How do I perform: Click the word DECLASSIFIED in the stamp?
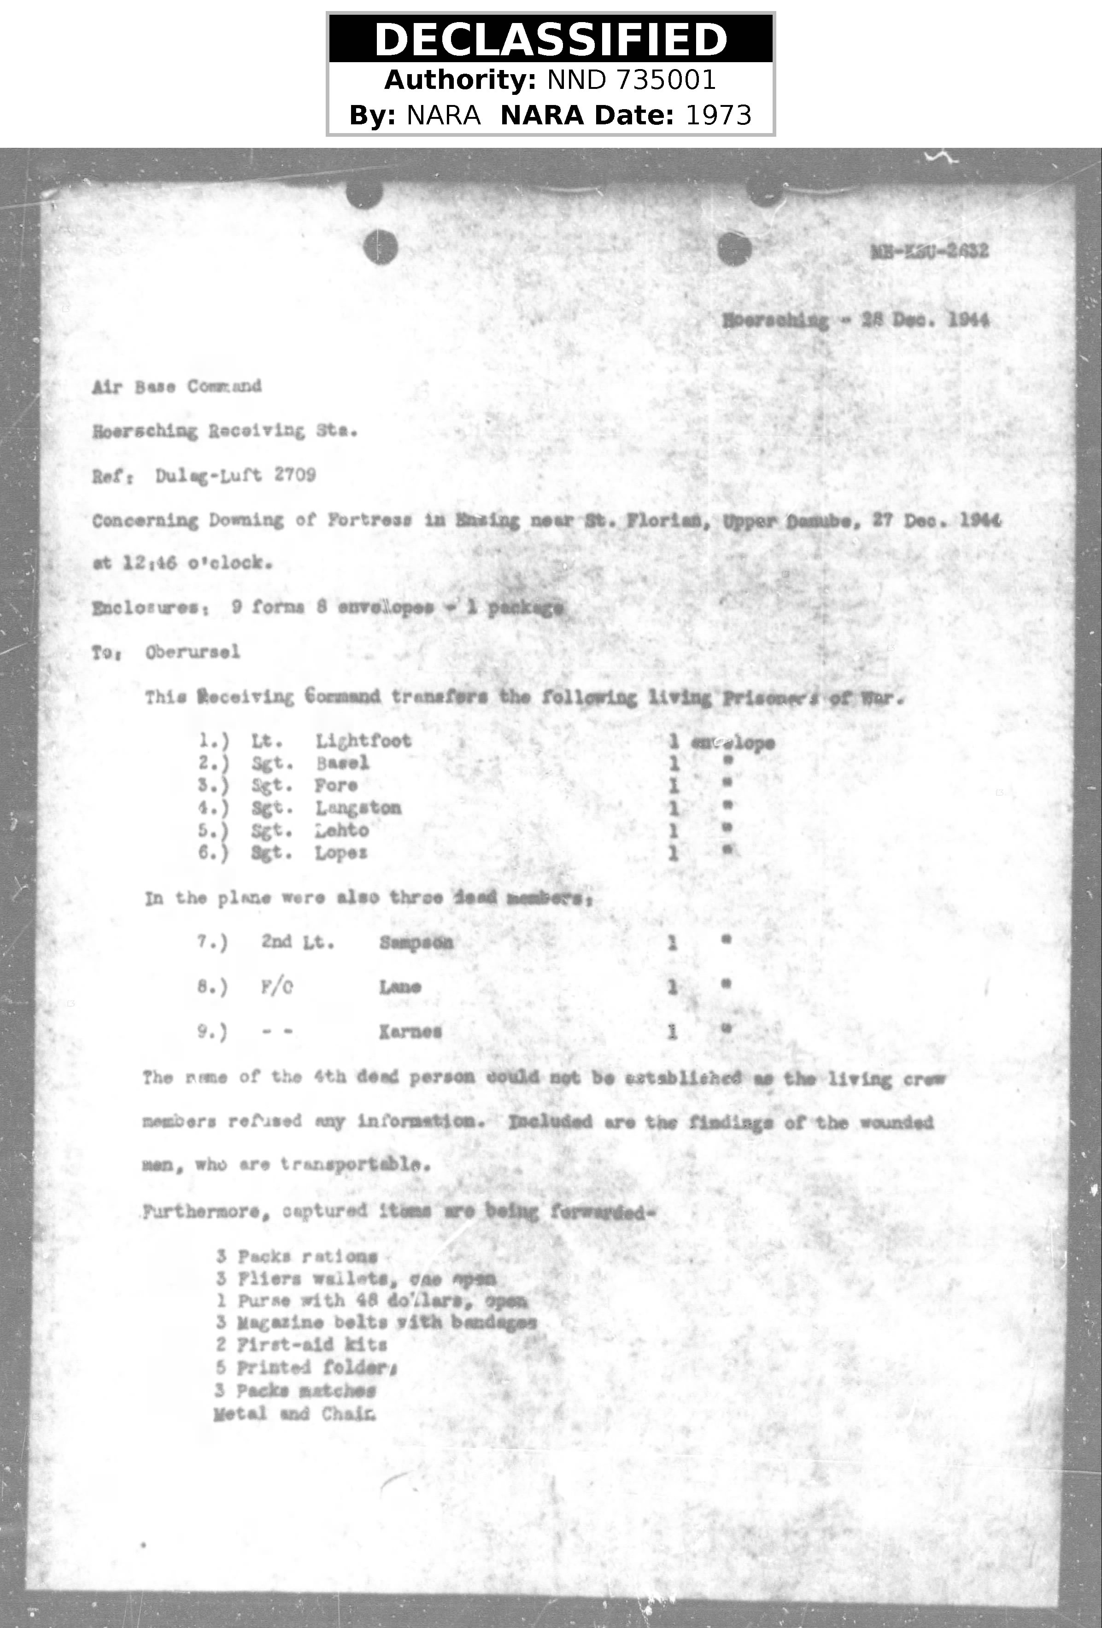pos(551,39)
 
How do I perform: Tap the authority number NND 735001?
pos(632,80)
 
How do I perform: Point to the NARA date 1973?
pos(718,115)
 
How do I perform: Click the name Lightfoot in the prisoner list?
pos(363,741)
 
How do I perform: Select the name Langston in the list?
pos(358,808)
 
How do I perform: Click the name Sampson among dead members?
pos(416,942)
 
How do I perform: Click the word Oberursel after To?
pos(193,652)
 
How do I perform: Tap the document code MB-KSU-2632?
pos(930,251)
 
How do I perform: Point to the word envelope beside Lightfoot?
pos(733,742)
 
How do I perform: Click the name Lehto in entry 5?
pos(341,830)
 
